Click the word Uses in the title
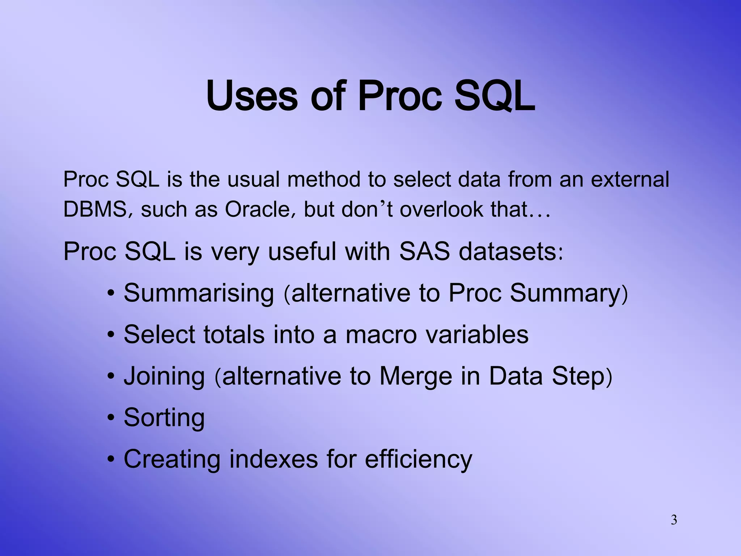click(x=252, y=96)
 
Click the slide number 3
click(x=674, y=520)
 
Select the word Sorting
click(x=164, y=418)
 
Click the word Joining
click(x=164, y=376)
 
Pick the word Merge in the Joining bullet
click(x=416, y=376)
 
